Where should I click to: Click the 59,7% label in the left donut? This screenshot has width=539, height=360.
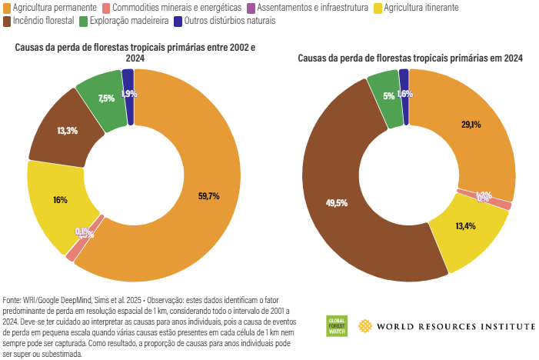(208, 196)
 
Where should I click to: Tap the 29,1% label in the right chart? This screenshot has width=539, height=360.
(471, 125)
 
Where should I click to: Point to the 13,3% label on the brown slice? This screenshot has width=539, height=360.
(67, 131)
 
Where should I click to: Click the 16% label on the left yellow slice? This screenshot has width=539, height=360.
(60, 200)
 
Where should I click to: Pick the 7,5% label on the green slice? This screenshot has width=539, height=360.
(106, 98)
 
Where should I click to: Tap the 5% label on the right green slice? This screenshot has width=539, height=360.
(388, 96)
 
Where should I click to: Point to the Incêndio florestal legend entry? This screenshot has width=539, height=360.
(38, 21)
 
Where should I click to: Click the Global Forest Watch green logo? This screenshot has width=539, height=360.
(337, 326)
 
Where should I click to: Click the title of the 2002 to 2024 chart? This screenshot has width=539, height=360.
(135, 52)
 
